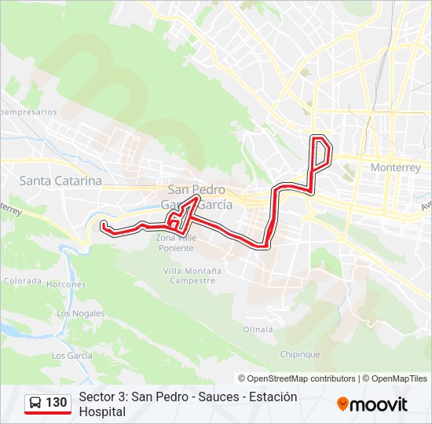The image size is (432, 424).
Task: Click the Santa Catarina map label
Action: (60, 181)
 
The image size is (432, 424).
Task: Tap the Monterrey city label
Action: (395, 167)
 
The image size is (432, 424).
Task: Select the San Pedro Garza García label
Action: (196, 196)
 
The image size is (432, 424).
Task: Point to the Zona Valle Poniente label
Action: (174, 243)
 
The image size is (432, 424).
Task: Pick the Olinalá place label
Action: (258, 330)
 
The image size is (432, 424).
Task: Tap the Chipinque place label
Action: (300, 354)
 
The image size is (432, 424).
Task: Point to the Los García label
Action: (72, 356)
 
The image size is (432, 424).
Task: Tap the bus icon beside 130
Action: (36, 403)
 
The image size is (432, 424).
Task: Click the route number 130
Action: (57, 403)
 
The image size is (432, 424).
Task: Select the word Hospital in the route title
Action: (102, 411)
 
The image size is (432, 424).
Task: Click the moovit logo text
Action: (379, 404)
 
